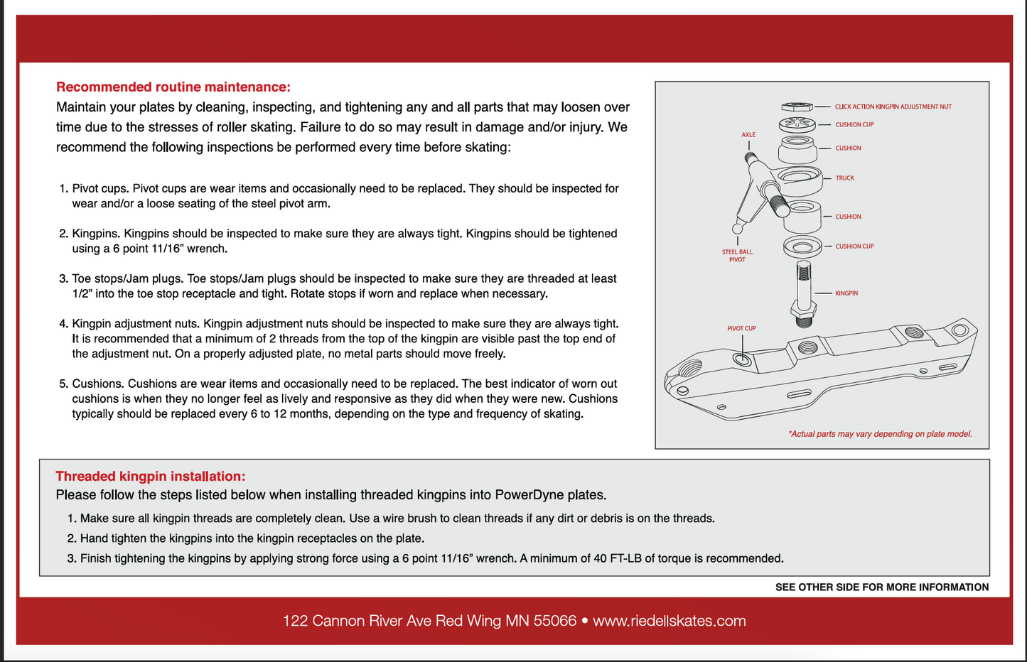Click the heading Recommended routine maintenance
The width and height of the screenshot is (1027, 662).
tap(173, 87)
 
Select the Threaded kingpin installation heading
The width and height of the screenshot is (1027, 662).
tap(150, 477)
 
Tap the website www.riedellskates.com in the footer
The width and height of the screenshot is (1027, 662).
tap(669, 621)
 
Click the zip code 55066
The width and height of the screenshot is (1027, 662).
tap(554, 621)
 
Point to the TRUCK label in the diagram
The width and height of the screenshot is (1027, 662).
tap(844, 178)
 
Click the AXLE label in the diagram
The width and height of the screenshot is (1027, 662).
tap(748, 135)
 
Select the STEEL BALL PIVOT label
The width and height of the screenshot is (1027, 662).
tap(737, 256)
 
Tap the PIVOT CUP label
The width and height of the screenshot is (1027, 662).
tap(741, 329)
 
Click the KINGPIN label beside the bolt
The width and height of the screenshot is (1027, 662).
tap(846, 293)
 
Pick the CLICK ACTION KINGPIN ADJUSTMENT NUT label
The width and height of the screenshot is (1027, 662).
tap(893, 107)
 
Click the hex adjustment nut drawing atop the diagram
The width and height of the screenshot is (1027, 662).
tap(797, 107)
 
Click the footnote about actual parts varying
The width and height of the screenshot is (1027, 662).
tap(879, 434)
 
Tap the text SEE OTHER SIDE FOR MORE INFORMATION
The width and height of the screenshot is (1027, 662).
tap(881, 587)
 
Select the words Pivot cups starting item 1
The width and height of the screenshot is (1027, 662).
tap(100, 189)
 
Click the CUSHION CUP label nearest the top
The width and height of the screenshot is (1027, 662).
tap(854, 125)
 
